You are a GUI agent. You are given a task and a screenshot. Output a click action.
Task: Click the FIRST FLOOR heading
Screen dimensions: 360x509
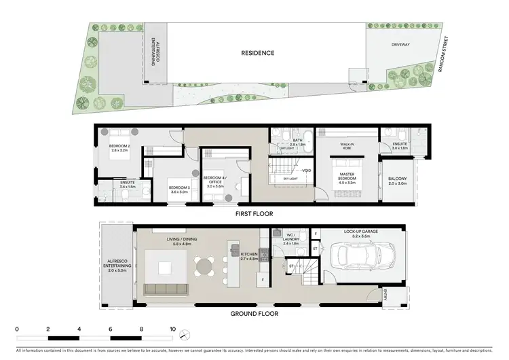tap(254, 214)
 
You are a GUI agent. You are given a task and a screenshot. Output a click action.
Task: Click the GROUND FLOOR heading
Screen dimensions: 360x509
tap(254, 314)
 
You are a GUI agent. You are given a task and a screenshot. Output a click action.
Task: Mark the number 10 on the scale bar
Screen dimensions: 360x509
tap(173, 329)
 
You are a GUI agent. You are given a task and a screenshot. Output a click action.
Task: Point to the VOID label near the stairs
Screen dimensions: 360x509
tap(307, 170)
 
